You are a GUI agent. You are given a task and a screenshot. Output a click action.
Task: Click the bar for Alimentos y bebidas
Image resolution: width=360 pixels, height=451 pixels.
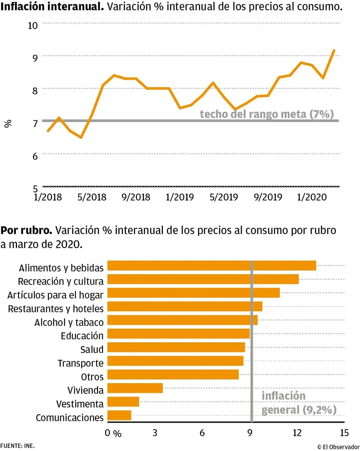click(211, 266)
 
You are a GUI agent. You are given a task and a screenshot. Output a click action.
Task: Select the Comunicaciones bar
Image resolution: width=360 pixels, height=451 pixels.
click(119, 415)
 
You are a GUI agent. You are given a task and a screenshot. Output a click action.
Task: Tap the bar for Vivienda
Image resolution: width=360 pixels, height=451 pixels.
click(135, 388)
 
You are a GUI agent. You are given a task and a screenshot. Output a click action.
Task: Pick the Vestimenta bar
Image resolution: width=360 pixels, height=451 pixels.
click(123, 402)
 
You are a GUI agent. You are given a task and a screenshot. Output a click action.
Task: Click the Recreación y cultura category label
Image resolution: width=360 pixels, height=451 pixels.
click(61, 281)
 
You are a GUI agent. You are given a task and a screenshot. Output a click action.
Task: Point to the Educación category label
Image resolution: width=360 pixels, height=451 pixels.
click(82, 336)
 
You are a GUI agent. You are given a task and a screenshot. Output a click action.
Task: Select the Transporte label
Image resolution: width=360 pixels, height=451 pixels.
click(81, 363)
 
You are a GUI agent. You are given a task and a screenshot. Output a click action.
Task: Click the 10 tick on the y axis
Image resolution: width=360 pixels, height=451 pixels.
click(33, 25)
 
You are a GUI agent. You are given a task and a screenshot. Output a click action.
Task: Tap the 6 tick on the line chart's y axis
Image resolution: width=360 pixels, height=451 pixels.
click(35, 156)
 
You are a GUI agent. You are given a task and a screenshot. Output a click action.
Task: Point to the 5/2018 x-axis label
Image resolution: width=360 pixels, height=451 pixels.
click(92, 197)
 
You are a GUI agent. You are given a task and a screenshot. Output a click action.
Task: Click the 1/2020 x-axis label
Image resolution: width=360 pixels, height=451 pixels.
click(312, 197)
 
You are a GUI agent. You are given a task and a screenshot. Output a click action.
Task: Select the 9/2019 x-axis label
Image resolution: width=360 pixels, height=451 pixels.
click(268, 197)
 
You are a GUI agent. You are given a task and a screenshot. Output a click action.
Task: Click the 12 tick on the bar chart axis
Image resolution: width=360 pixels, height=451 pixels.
click(297, 433)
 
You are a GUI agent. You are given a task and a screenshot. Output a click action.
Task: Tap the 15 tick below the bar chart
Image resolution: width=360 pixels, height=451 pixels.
click(344, 433)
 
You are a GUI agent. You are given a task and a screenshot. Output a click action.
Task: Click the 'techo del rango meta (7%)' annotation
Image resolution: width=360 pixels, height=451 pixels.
click(266, 114)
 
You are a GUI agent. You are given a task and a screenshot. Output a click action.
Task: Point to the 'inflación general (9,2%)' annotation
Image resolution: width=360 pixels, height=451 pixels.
click(299, 403)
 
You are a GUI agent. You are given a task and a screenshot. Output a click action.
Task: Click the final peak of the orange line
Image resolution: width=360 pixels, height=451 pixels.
click(334, 51)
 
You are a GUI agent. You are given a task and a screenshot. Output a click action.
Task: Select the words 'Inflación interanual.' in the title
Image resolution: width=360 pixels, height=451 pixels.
click(52, 6)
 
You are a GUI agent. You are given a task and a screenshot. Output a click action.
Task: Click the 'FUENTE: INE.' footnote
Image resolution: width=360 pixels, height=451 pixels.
click(18, 446)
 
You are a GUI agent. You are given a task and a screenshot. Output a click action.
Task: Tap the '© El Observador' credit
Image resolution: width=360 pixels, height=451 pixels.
click(338, 447)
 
